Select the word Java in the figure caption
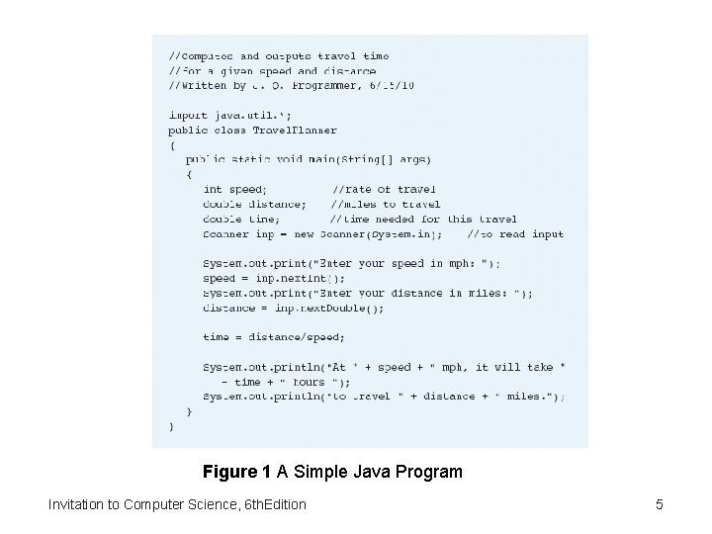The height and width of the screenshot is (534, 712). pos(368,472)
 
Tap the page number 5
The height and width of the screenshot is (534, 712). pos(659,505)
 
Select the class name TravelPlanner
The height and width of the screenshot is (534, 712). pos(295,130)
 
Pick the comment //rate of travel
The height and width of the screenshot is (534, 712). pos(384,189)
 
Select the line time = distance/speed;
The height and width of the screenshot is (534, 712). pos(259,337)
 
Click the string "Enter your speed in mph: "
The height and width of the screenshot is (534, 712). pos(404,263)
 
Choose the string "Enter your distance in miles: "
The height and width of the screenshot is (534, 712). pos(419,293)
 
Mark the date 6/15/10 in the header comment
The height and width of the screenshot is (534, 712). pos(392,86)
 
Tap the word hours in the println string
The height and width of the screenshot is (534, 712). pos(309,382)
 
